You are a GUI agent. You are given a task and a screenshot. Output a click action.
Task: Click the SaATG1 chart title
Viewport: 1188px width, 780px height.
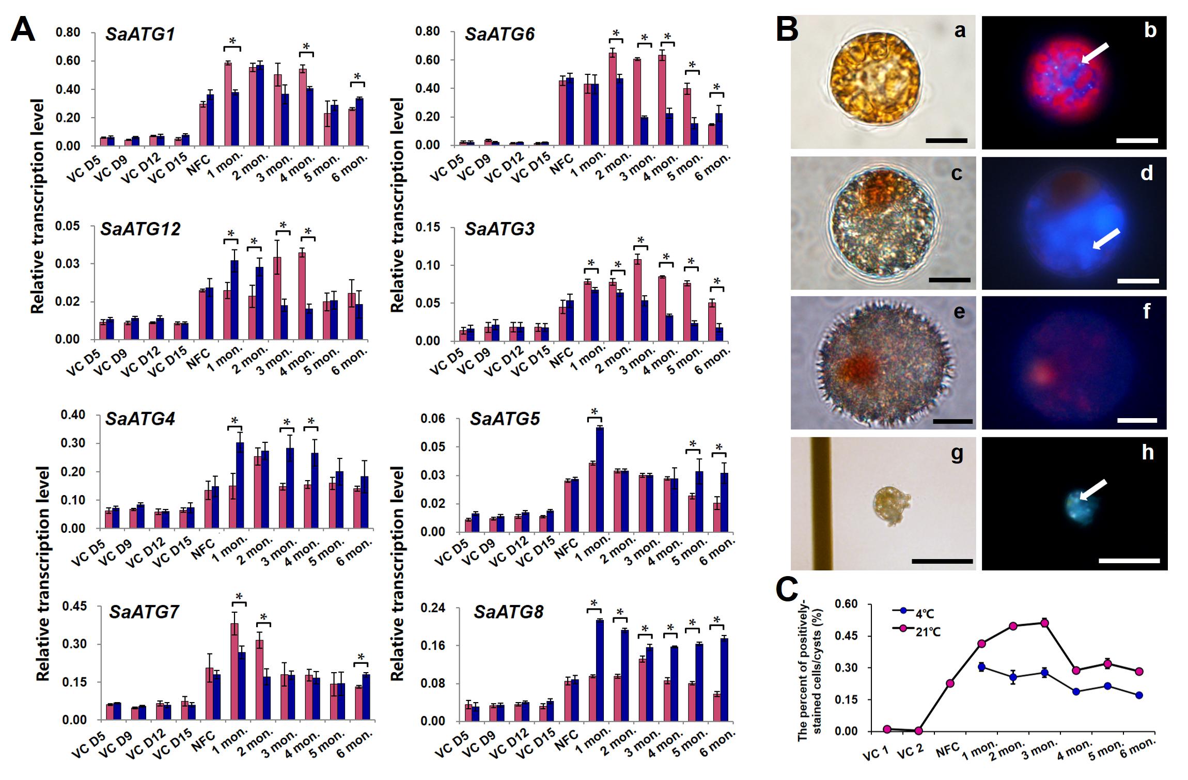[x=140, y=35]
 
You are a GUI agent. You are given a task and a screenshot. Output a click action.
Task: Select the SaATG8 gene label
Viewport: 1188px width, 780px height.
[x=508, y=612]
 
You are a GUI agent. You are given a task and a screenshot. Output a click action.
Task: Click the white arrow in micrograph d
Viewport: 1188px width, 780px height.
[x=1106, y=238]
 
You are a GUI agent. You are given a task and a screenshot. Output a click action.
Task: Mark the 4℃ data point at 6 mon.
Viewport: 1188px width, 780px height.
[x=1139, y=695]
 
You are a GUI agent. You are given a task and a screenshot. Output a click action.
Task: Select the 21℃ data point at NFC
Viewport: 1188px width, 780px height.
[x=950, y=683]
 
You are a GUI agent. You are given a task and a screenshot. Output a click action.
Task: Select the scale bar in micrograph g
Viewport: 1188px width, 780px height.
[x=942, y=561]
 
